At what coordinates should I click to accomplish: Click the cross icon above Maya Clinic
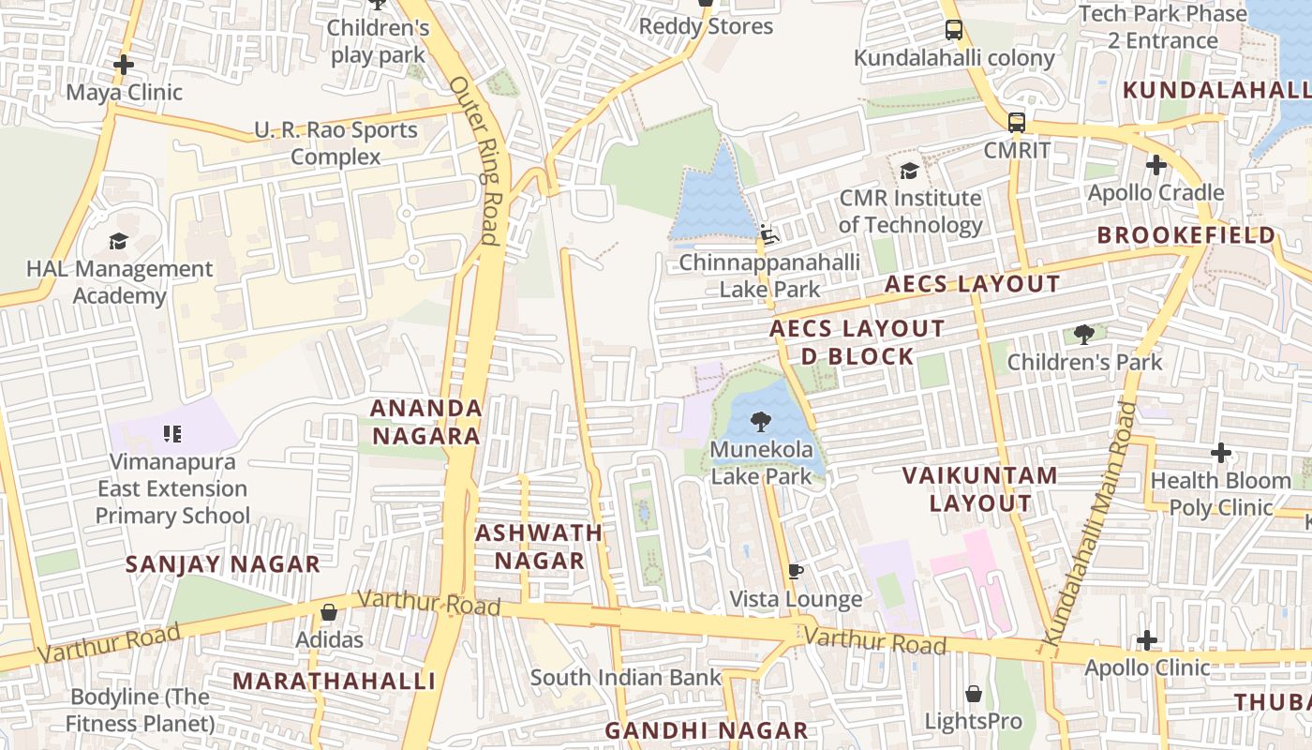coord(123,65)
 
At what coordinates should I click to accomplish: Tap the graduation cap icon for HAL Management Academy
coord(118,241)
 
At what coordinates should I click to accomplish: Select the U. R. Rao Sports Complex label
coord(335,143)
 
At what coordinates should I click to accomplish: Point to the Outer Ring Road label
coord(476,159)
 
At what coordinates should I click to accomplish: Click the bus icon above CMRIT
coord(1017,122)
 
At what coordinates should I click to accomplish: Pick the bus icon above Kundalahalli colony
coord(954,30)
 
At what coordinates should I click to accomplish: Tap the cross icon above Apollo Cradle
coord(1156,165)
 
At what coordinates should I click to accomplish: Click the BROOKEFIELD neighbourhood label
coord(1185,234)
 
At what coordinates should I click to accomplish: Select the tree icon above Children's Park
coord(1084,334)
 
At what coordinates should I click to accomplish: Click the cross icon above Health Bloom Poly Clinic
coord(1220,453)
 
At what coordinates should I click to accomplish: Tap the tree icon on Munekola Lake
coord(761,422)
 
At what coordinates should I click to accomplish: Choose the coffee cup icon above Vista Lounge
coord(796,571)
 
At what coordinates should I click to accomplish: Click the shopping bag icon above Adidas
coord(329,612)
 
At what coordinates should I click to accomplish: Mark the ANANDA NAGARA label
coord(426,422)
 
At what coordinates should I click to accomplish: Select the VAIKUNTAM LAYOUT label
coord(980,488)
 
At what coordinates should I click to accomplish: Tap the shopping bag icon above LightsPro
coord(974,694)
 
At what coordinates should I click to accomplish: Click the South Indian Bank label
coord(625,677)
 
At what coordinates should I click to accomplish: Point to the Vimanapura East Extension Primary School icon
coord(171,433)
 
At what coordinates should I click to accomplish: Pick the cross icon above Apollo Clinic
coord(1147,640)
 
